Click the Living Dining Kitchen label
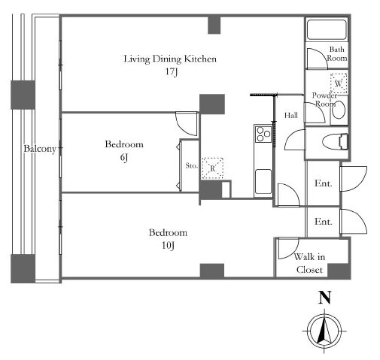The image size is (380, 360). (170, 59)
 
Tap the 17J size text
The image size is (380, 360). (172, 72)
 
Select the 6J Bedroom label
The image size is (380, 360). (124, 144)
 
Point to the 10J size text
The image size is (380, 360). (168, 245)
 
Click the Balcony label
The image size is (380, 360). (40, 149)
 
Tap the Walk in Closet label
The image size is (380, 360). (309, 263)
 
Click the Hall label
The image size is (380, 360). (291, 116)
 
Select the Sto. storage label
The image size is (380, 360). (191, 165)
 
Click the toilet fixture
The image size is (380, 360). (335, 142)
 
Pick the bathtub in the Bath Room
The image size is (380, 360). (327, 30)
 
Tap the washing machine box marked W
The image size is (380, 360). (339, 83)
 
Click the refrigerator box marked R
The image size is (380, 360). (213, 168)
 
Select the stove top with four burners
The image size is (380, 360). (263, 135)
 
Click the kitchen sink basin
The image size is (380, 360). (263, 182)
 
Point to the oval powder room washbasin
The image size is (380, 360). (339, 110)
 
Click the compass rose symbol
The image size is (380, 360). (324, 331)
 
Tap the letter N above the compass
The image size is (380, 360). (324, 298)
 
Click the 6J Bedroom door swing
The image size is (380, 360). (187, 124)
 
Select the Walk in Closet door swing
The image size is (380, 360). (289, 248)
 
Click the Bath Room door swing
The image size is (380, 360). (318, 59)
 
